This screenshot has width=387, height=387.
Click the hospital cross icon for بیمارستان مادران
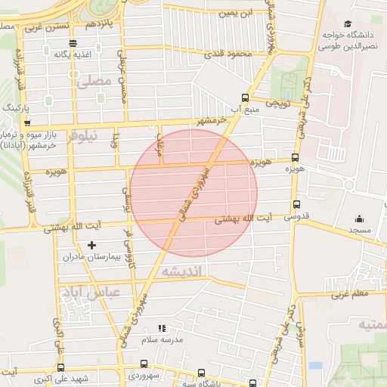click(92, 244)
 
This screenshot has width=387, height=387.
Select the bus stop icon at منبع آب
click(244, 97)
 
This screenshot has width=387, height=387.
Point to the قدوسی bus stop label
click(297, 217)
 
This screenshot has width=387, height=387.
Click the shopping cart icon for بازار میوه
click(27, 122)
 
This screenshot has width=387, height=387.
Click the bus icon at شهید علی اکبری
click(60, 367)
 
